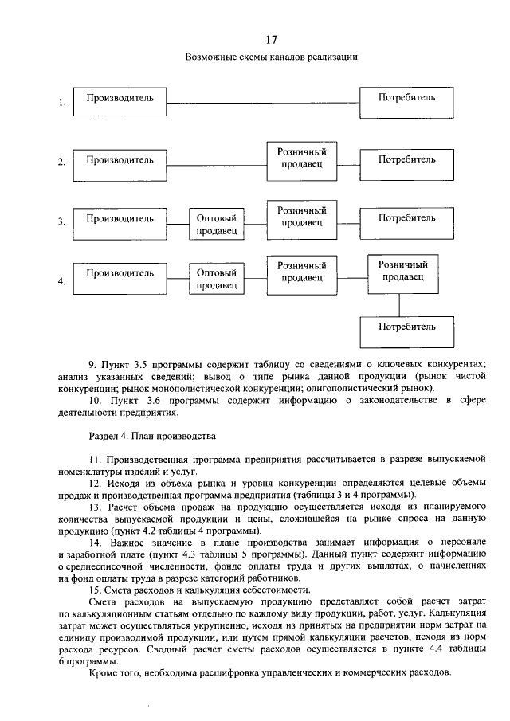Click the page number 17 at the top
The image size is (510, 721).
point(270,39)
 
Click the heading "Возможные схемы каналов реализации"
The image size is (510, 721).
point(271,57)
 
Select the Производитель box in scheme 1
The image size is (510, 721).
point(120,102)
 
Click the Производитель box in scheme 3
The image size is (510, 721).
point(120,222)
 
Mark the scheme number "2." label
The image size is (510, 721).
point(61,163)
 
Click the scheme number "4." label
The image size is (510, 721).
point(61,281)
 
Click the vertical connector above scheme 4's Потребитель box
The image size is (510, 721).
point(407,303)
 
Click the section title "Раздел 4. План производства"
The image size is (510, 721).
point(151,437)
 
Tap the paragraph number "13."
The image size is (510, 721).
point(95,507)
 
